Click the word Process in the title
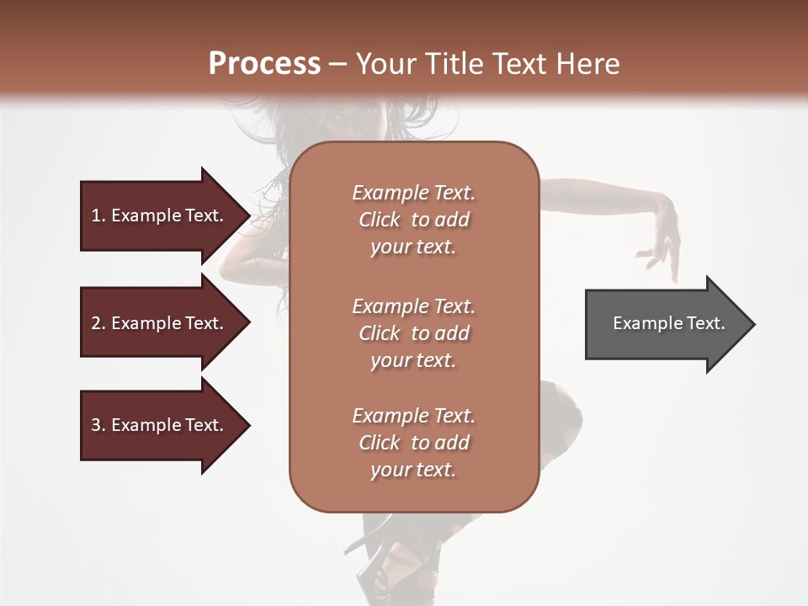click(264, 63)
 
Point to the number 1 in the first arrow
click(96, 215)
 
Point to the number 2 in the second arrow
click(96, 323)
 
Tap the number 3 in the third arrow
click(96, 425)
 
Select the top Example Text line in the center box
click(413, 193)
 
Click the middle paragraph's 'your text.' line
click(413, 360)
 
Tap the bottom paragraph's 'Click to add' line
click(413, 443)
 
